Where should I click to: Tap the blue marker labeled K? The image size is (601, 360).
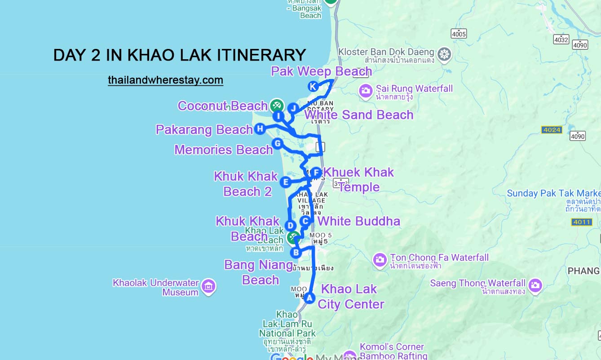(x=313, y=87)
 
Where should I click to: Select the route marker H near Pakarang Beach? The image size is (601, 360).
(x=260, y=129)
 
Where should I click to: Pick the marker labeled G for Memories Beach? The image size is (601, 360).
(x=277, y=144)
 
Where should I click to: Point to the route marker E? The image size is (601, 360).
(x=285, y=182)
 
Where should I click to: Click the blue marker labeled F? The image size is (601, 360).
(x=316, y=172)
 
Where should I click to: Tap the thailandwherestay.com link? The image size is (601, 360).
(x=165, y=80)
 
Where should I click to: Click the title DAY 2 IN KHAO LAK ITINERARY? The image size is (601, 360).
(x=180, y=55)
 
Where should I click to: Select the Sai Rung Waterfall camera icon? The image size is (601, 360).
(x=366, y=91)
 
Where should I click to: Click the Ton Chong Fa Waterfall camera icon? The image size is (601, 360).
(x=380, y=259)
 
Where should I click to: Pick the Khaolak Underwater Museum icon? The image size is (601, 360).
(x=208, y=286)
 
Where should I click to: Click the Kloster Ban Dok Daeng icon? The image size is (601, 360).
(x=444, y=55)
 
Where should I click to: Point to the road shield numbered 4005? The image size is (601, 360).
(x=459, y=34)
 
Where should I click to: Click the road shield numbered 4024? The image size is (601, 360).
(x=552, y=130)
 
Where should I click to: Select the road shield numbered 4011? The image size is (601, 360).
(x=582, y=222)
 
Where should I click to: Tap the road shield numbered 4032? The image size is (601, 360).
(x=561, y=40)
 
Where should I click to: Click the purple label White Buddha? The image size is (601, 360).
(x=358, y=221)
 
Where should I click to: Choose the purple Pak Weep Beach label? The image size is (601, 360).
(x=321, y=71)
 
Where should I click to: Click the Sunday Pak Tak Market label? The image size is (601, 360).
(x=553, y=193)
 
